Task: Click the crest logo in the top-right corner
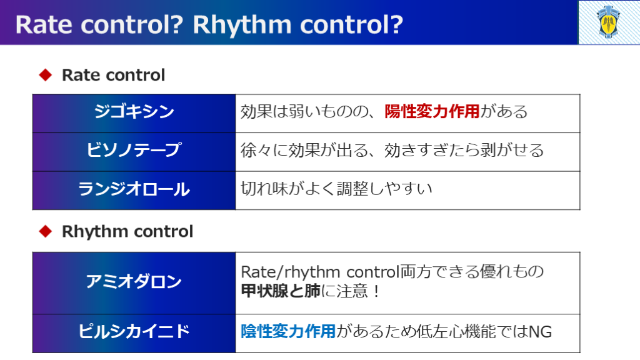[x=609, y=22]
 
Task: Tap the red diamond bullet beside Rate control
[x=45, y=75]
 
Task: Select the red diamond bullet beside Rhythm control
[x=45, y=231]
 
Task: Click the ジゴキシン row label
[x=134, y=111]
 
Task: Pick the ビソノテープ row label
[x=134, y=150]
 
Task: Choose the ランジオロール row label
[x=134, y=189]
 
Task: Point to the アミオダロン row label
[x=134, y=282]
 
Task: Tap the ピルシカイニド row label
[x=134, y=331]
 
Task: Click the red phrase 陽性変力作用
[x=432, y=111]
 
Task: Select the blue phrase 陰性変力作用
[x=288, y=331]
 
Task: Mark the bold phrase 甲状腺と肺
[x=281, y=291]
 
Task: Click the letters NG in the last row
[x=540, y=332]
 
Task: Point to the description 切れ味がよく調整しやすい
[x=336, y=189]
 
